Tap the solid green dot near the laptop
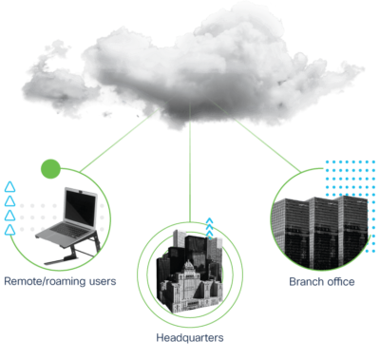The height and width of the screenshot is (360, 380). coord(51,170)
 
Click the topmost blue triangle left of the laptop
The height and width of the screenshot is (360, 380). coord(9,186)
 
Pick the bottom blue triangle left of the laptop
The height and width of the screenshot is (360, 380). coord(9,228)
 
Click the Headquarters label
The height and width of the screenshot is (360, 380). coord(190,337)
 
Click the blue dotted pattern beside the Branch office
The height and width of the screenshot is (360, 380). coord(347,180)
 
